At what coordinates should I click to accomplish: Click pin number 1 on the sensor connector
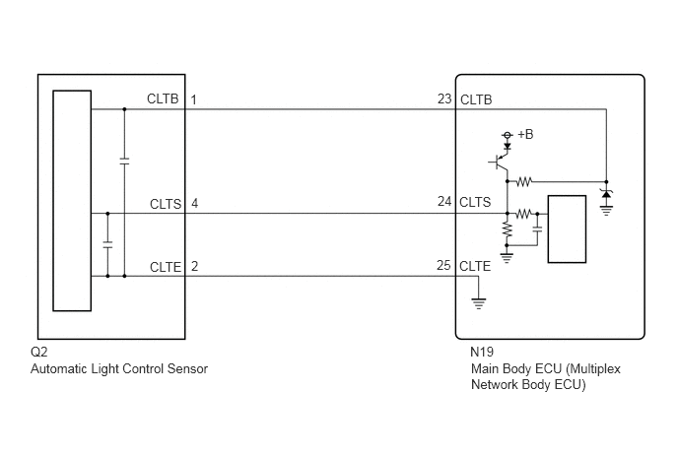[x=194, y=99]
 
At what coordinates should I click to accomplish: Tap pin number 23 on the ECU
[x=444, y=98]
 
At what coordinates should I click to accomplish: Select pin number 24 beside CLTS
[x=444, y=202]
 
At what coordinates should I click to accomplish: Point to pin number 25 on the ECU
[x=444, y=265]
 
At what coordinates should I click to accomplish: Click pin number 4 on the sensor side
[x=194, y=203]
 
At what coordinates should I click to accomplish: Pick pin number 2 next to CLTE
[x=194, y=266]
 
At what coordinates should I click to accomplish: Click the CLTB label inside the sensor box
[x=163, y=98]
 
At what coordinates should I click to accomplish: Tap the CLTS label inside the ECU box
[x=475, y=202]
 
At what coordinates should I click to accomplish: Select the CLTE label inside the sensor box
[x=166, y=267]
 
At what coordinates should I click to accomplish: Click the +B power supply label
[x=525, y=134]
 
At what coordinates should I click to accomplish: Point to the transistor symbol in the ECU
[x=501, y=163]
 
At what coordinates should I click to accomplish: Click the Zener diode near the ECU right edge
[x=606, y=194]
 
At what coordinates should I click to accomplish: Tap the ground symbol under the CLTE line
[x=478, y=303]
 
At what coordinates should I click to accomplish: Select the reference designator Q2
[x=38, y=352]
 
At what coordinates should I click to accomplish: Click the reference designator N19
[x=482, y=352]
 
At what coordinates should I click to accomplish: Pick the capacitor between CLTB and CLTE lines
[x=124, y=162]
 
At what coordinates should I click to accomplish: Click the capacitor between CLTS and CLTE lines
[x=107, y=244]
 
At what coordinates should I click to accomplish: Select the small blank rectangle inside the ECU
[x=567, y=229]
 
